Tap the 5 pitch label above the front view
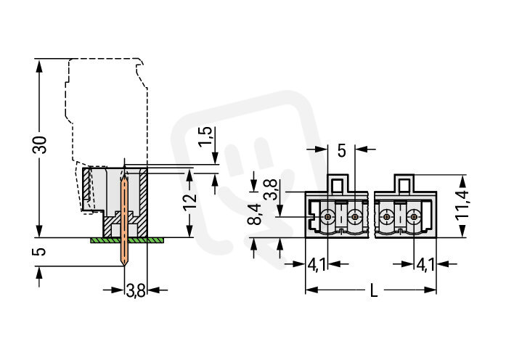[341, 151]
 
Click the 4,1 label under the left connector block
[317, 265]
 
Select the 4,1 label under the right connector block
[426, 265]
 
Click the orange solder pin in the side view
[124, 218]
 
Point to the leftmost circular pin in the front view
[328, 216]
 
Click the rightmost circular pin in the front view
[415, 216]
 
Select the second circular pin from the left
[355, 216]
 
